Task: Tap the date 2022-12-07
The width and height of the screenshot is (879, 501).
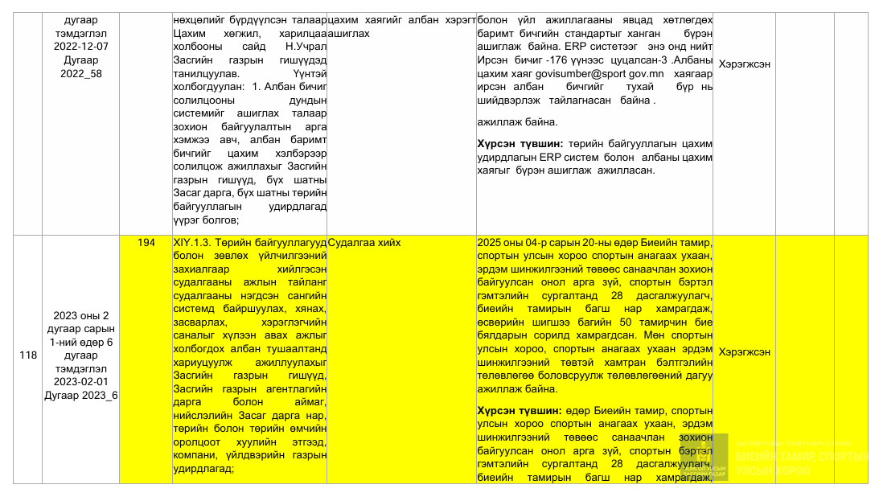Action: [x=80, y=46]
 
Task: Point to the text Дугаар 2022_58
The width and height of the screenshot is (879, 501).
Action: [x=80, y=67]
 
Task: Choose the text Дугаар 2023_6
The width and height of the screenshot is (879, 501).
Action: [x=80, y=395]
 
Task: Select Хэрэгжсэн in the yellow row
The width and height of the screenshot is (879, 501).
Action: [x=745, y=351]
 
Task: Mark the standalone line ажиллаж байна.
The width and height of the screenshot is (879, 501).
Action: [x=517, y=123]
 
